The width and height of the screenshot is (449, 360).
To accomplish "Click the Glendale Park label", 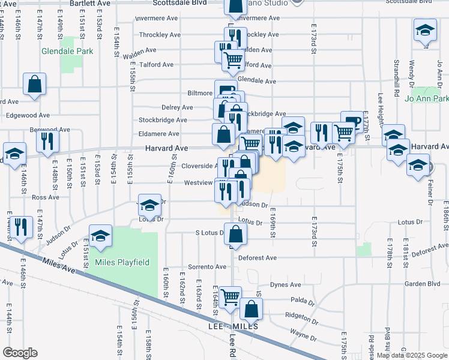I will [x=67, y=52].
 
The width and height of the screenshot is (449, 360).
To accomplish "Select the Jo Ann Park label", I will [x=427, y=99].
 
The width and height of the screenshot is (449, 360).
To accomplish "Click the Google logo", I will [x=20, y=353].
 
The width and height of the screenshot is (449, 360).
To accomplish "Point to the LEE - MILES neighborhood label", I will [x=233, y=326].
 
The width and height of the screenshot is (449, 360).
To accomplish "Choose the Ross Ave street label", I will [x=46, y=197].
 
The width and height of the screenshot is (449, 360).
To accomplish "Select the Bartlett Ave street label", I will [x=91, y=3].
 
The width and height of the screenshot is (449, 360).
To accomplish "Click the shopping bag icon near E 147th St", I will [x=35, y=85].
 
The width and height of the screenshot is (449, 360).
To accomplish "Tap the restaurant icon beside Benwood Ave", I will [x=47, y=141].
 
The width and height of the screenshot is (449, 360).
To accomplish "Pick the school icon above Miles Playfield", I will [x=101, y=236].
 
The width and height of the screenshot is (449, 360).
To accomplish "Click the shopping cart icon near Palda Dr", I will [x=230, y=297].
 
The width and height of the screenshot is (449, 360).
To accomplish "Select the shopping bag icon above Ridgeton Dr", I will [x=252, y=309].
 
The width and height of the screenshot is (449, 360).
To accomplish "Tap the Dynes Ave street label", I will [x=285, y=285].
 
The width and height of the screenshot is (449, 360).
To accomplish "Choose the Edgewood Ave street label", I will [x=28, y=115].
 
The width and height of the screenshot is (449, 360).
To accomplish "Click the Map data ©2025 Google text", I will [x=411, y=355].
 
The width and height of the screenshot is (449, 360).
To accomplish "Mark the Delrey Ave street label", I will [x=177, y=107].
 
